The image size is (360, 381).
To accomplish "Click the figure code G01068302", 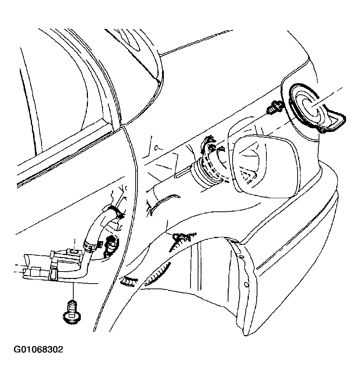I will [38, 350].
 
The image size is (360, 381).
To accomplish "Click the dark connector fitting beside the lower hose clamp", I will [111, 246].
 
